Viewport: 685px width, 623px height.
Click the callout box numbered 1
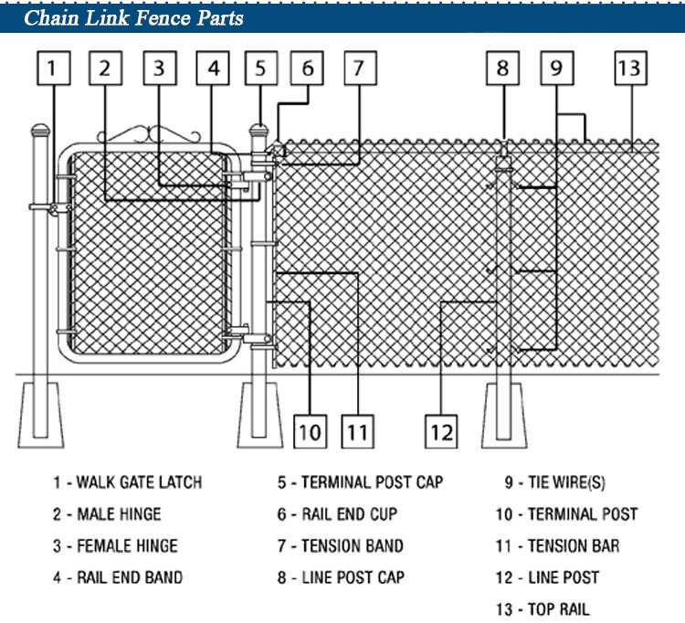point(53,69)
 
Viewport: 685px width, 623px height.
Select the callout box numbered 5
point(261,69)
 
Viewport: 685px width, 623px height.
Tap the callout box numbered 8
point(502,69)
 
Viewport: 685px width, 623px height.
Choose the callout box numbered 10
point(311,430)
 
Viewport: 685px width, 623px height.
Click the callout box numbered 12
point(441,430)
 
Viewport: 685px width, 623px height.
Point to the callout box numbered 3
point(159,69)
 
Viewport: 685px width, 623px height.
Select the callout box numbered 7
point(358,69)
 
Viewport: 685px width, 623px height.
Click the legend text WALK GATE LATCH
point(127,482)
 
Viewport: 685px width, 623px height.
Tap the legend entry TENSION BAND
point(342,546)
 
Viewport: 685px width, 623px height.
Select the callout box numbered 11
point(358,430)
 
